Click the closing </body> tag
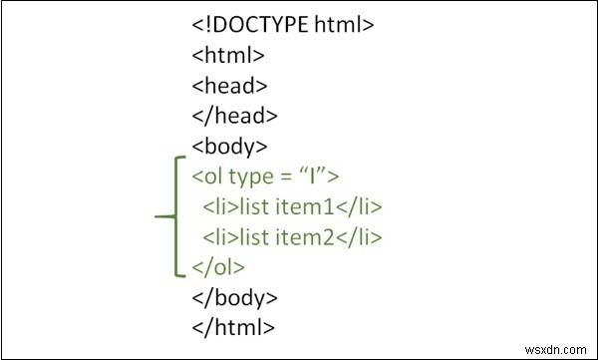pos(235,297)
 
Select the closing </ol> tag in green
pos(218,267)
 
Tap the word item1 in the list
pos(322,207)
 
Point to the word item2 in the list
pos(322,237)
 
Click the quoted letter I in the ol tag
pos(319,178)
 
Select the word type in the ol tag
pos(247,178)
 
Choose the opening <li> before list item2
pos(217,237)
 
